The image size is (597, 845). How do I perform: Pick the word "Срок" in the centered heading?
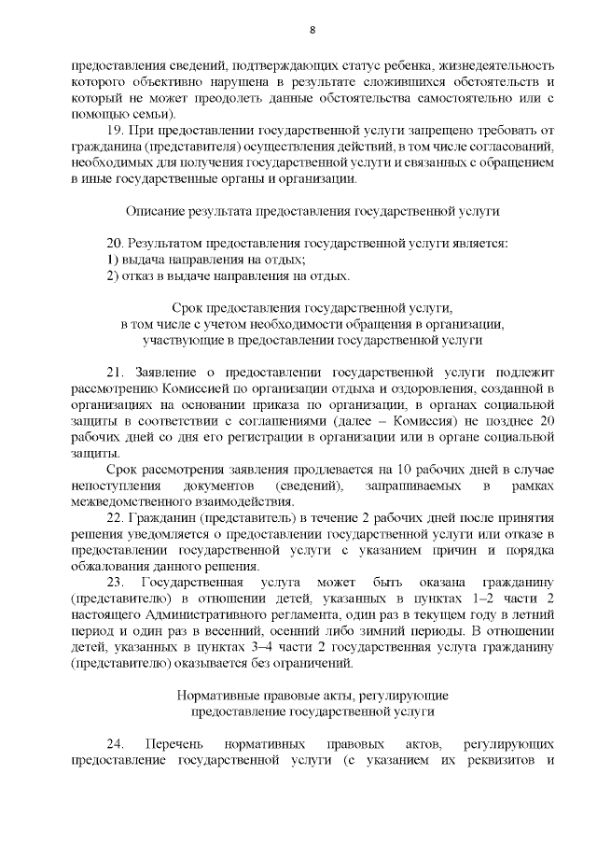188,308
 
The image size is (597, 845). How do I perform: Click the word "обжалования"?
107,567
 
